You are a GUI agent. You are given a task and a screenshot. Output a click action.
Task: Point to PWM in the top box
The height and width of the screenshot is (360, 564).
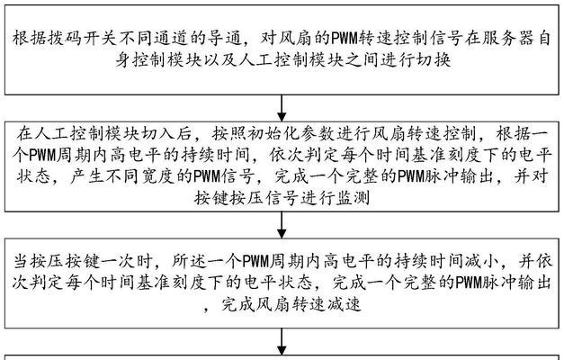345,38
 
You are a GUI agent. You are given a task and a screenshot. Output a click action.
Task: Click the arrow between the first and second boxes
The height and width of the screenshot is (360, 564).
282,108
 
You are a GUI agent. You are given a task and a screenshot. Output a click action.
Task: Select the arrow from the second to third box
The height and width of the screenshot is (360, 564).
282,225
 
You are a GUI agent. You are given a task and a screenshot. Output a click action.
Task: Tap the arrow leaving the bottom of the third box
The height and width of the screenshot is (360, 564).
282,342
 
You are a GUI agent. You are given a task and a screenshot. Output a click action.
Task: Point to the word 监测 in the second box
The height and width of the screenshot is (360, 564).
353,198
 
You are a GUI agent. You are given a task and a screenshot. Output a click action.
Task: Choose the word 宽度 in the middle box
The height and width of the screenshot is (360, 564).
158,176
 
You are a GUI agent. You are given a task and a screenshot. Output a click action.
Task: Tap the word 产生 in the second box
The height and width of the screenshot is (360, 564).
88,176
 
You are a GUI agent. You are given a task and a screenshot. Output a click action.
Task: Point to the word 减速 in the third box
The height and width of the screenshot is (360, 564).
344,304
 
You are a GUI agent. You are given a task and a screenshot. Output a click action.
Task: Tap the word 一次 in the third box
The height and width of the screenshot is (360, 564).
119,261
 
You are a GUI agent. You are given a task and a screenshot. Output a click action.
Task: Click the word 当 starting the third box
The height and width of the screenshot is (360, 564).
21,261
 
